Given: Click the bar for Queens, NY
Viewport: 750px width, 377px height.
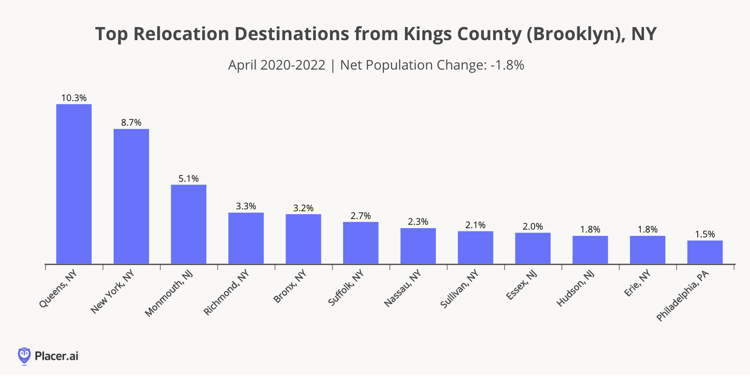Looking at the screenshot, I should [74, 184].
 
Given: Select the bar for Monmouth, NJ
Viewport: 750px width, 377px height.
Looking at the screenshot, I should [189, 224].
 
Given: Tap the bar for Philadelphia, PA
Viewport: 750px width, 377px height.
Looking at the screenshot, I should [705, 252].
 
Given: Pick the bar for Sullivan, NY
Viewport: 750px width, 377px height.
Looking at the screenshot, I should [476, 247].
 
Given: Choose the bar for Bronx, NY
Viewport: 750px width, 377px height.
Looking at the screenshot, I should [303, 239].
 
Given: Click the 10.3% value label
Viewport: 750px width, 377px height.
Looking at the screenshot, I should [74, 98].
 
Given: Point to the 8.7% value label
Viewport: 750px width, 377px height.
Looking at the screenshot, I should [131, 123].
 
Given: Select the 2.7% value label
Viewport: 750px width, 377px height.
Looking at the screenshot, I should [360, 216].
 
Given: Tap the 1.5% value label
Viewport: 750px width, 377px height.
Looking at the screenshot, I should [705, 234].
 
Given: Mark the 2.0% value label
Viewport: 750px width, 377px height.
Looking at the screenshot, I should [533, 226].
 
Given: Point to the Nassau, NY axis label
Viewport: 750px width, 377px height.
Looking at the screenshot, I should [402, 289].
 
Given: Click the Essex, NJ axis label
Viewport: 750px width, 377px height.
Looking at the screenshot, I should [520, 286].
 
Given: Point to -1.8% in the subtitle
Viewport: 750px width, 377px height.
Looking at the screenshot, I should [508, 65].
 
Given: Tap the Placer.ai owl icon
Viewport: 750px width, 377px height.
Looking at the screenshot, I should [24, 356].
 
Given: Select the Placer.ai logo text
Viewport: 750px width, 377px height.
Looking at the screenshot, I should [56, 356].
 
